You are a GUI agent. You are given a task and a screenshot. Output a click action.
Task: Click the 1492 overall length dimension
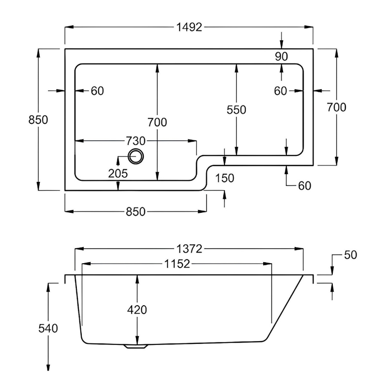pyautogui.click(x=189, y=28)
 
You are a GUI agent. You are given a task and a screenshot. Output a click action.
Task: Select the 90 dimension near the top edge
pyautogui.click(x=282, y=57)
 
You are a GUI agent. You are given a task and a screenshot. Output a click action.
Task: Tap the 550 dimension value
pyautogui.click(x=237, y=110)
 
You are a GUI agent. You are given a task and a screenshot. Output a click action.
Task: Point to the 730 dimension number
pyautogui.click(x=135, y=141)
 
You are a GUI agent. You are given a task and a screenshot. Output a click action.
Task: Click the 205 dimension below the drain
pyautogui.click(x=118, y=174)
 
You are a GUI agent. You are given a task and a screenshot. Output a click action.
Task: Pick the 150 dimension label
pyautogui.click(x=225, y=178)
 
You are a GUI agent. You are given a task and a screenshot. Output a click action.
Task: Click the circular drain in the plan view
pyautogui.click(x=135, y=156)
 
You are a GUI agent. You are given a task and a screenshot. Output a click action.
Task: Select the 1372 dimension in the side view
pyautogui.click(x=189, y=249)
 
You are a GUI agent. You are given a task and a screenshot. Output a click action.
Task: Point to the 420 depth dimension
pyautogui.click(x=137, y=310)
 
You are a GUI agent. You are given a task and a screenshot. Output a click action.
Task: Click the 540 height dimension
pyautogui.click(x=48, y=328)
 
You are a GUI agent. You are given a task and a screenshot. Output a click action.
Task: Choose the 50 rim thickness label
pyautogui.click(x=350, y=255)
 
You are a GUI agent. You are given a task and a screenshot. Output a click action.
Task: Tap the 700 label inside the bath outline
pyautogui.click(x=158, y=122)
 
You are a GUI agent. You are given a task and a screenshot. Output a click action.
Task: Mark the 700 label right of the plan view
pyautogui.click(x=337, y=107)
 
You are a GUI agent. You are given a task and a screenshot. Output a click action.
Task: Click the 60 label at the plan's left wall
pyautogui.click(x=97, y=90)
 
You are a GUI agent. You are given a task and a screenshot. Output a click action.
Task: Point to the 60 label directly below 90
pyautogui.click(x=281, y=90)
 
